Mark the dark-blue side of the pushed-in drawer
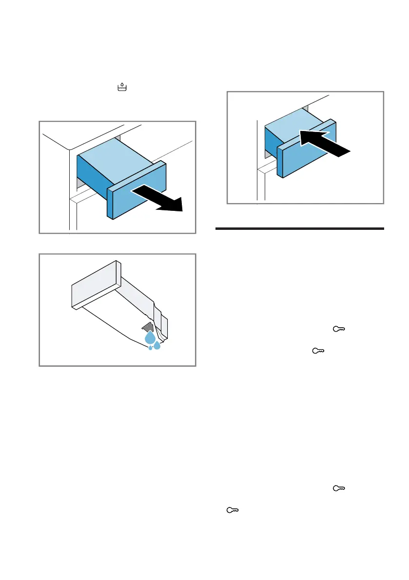tap(271, 142)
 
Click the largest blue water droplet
tap(151, 338)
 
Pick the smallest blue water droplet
tap(150, 348)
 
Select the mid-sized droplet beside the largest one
tap(157, 346)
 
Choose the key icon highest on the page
tap(338, 330)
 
